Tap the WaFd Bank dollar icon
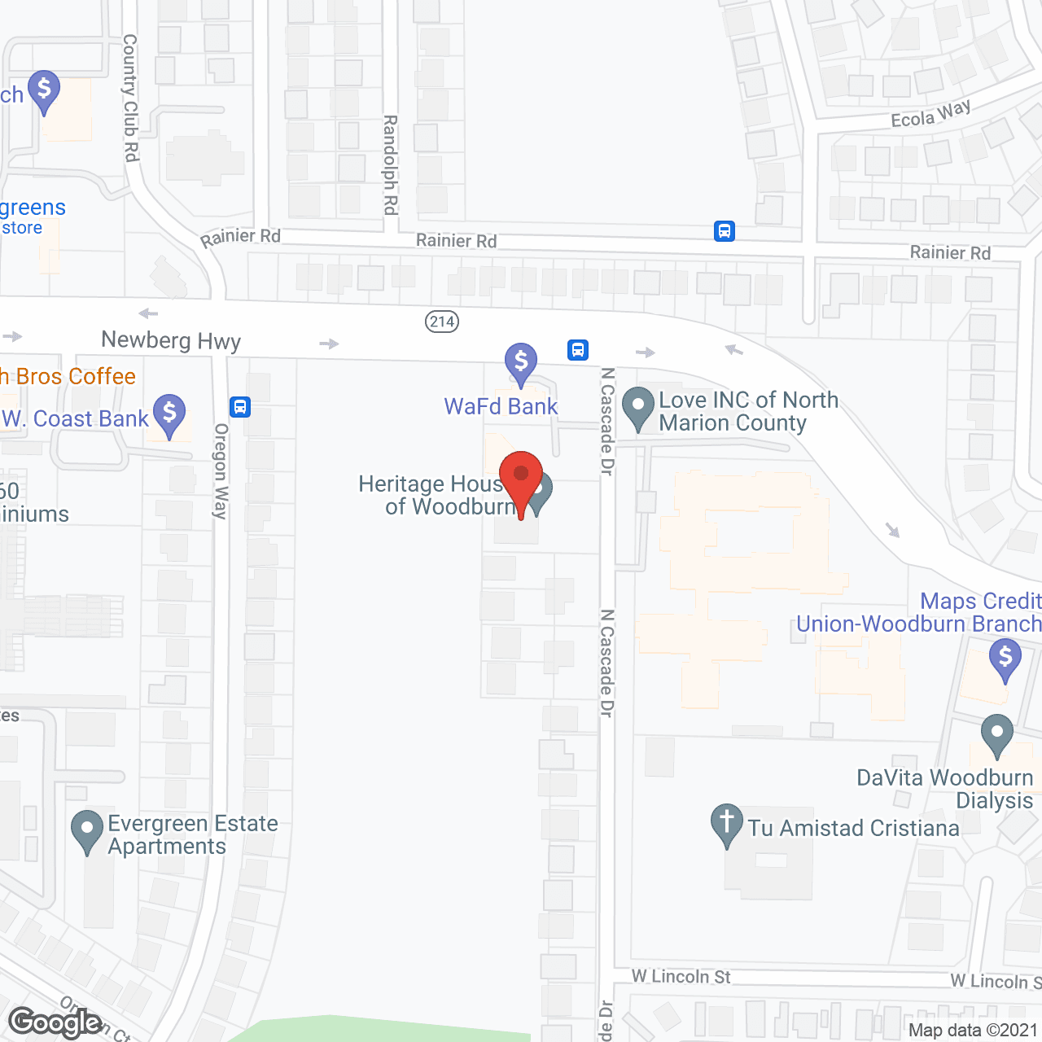[x=521, y=361]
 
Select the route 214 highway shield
[x=442, y=322]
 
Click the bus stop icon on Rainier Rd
[x=725, y=231]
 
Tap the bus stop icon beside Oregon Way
[x=240, y=406]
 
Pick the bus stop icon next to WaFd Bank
[x=578, y=350]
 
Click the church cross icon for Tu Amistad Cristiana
[x=726, y=822]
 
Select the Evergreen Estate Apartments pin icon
[x=87, y=830]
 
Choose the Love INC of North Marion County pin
[x=638, y=406]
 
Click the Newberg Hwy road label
[x=171, y=340]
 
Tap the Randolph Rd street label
[x=390, y=164]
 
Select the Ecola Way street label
[x=930, y=115]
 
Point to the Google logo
[x=55, y=1022]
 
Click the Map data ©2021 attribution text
[x=973, y=1031]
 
